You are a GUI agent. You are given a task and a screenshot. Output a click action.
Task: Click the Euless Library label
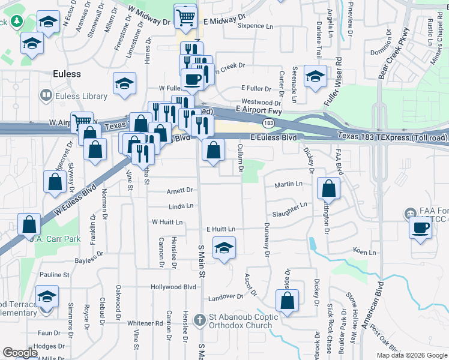[x=76, y=96]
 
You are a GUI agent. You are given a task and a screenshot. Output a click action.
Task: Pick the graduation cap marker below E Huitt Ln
[x=224, y=248]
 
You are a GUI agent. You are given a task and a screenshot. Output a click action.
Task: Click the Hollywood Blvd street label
[x=174, y=287]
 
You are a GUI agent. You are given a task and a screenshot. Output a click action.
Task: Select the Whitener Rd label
[x=145, y=323]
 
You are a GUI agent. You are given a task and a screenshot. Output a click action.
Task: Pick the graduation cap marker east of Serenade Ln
[x=315, y=76]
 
